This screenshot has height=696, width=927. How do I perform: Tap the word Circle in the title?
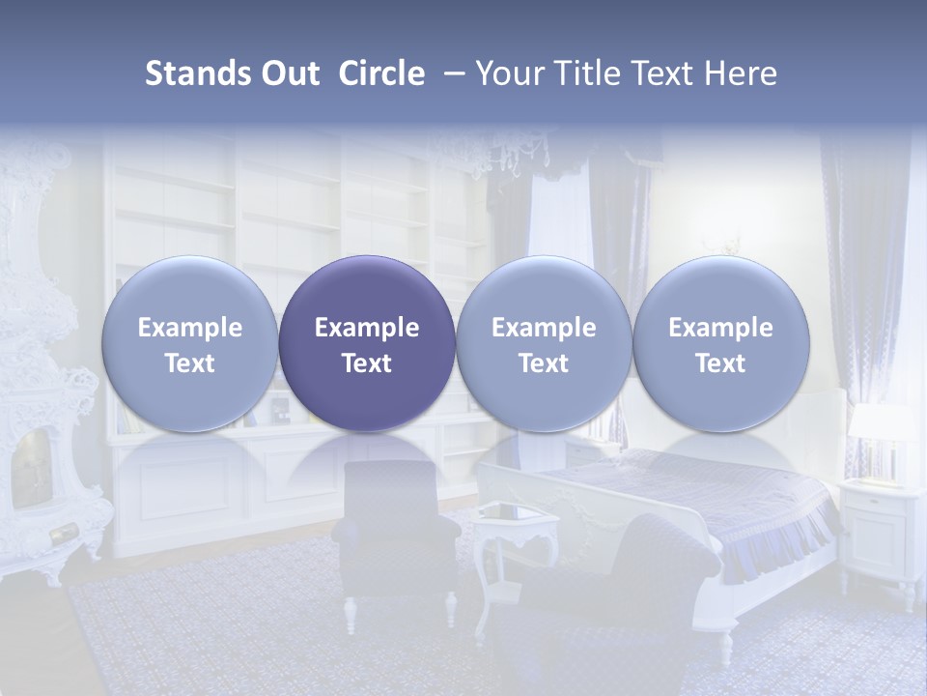pos(381,73)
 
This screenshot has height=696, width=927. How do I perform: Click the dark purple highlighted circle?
pos(367,343)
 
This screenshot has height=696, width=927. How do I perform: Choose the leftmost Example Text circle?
pos(190,343)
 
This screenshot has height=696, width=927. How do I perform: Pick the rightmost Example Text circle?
pos(720,343)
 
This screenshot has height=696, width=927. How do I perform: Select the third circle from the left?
pos(544,343)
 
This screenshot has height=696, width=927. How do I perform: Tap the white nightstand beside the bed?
pos(879,527)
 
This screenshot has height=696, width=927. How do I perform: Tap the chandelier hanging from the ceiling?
pos(521,155)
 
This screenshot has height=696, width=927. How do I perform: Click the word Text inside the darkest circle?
pos(367,363)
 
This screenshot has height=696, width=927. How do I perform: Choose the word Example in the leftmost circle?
pos(190,328)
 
